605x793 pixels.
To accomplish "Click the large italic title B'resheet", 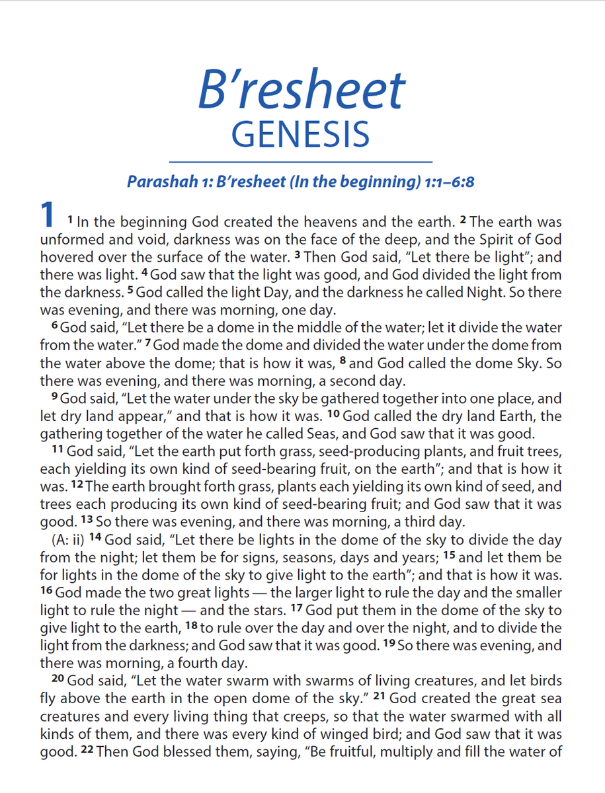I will pyautogui.click(x=302, y=91).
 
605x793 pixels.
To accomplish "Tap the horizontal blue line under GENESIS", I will pyautogui.click(x=301, y=161).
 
